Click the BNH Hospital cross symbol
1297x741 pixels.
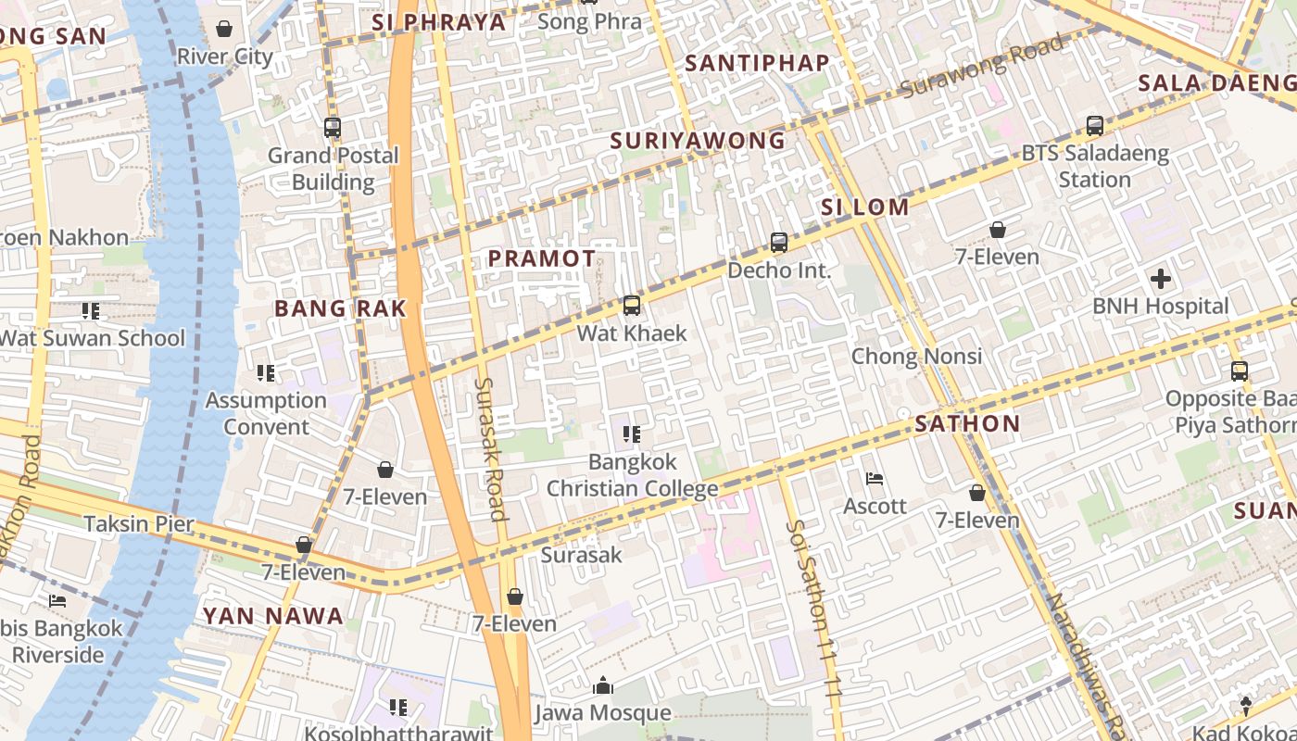coord(1160,279)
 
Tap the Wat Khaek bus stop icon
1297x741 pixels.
coord(632,305)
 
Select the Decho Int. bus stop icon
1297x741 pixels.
coord(779,243)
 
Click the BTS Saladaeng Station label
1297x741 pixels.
coord(1094,166)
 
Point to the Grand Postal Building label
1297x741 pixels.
coord(334,169)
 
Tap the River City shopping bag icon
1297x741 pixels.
coord(224,29)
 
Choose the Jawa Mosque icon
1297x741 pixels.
coord(603,685)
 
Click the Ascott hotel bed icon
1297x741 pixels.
coord(874,479)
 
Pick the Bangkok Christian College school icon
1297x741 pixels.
coord(632,433)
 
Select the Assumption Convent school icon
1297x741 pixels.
coord(266,373)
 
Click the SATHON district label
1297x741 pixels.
coord(967,424)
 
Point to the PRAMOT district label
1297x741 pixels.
coord(542,258)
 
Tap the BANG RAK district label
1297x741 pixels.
coord(340,308)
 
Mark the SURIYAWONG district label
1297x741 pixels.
coord(698,141)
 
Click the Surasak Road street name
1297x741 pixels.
coord(490,448)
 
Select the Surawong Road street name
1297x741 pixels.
coord(981,66)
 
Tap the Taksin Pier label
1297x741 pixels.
coord(139,523)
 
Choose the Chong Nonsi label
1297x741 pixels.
coord(917,356)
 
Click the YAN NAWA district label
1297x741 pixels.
coord(272,615)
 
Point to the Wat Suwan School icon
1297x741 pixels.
coord(90,311)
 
